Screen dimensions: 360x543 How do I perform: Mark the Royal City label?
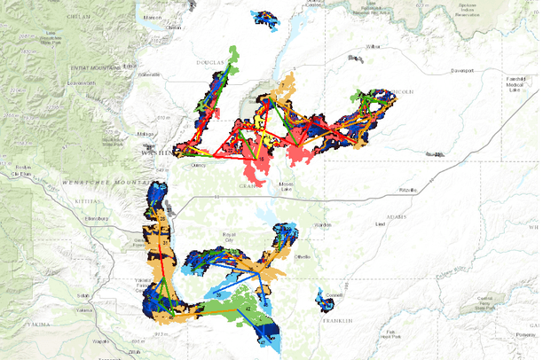tap(235, 237)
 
